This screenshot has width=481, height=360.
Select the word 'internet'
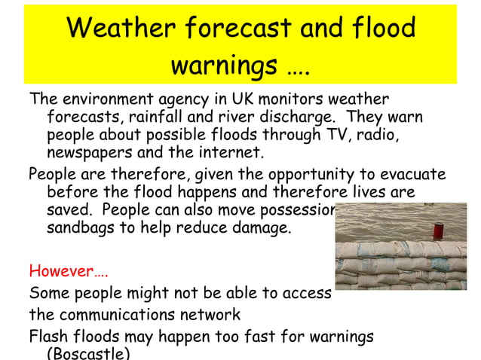(234, 154)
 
